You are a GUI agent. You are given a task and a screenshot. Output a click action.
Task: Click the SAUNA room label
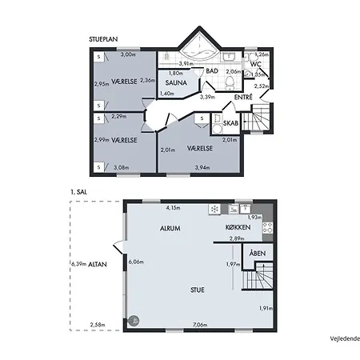coord(177,82)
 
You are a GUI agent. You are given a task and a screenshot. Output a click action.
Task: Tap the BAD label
coord(212,71)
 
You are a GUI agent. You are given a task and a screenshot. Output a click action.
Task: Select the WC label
coord(256,63)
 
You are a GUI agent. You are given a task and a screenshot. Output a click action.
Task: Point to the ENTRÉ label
coord(243,97)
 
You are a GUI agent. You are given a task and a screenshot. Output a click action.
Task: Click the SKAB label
coord(230,124)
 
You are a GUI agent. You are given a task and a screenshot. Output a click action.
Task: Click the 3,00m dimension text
coord(127,55)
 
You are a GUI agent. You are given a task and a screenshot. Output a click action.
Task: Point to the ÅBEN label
coord(258,254)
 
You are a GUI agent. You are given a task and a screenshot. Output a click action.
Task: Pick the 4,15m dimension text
coord(173,208)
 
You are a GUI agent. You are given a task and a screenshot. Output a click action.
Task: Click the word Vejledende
coord(344,338)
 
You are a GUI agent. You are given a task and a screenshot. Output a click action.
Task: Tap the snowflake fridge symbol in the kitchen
coord(214,210)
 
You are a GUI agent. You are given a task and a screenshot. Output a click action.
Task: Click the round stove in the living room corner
coord(134,320)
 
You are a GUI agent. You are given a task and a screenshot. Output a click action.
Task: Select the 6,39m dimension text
coord(78,263)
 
